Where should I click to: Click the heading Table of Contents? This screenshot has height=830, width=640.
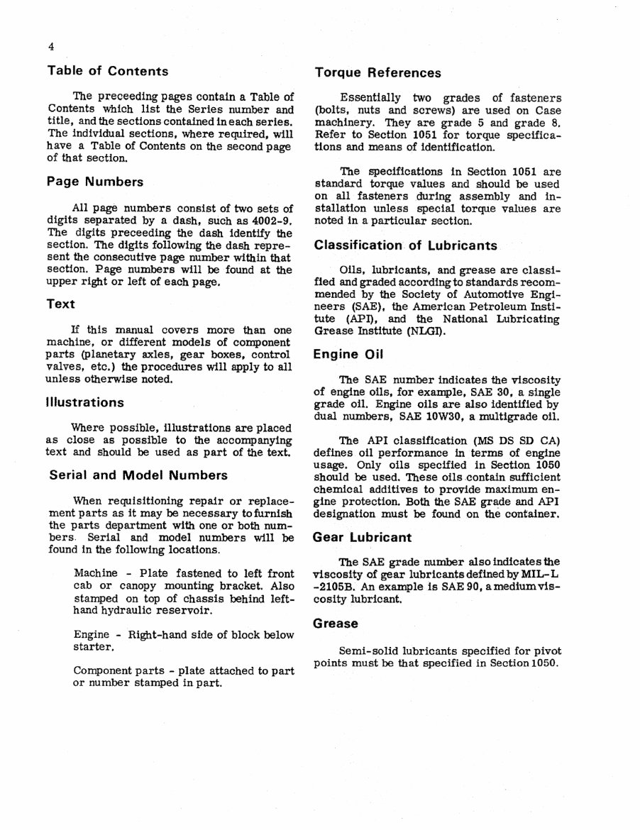coord(107,71)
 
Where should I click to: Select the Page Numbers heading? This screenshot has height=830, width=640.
coord(95,182)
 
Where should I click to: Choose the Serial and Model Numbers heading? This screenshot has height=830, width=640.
coord(138,475)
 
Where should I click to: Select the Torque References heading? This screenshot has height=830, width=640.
coord(377,72)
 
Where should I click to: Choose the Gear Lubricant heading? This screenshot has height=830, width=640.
coord(362,538)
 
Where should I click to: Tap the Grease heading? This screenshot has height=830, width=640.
coord(336,624)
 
